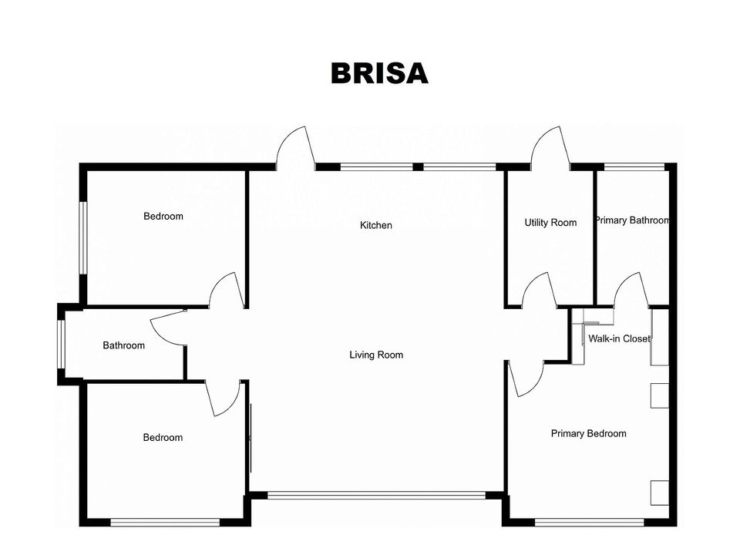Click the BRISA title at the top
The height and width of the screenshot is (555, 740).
[379, 74]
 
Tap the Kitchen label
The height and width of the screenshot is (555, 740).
[376, 225]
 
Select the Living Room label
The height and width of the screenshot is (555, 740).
[376, 355]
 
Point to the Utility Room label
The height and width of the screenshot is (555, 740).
[550, 223]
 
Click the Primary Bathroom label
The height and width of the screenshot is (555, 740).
[632, 220]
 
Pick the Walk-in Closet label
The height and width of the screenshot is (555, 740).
[619, 338]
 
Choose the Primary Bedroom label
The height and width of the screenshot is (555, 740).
[588, 434]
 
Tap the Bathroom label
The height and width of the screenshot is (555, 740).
[123, 345]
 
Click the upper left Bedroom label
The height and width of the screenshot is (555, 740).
[163, 216]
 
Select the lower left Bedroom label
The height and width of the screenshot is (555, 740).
[163, 438]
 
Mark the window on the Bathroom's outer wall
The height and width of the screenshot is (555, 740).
[61, 344]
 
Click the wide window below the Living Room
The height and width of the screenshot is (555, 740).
[377, 495]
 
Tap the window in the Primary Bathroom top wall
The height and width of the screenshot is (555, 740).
[634, 166]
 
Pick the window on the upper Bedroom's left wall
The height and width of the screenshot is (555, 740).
[83, 238]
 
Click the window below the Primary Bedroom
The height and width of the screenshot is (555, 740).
[590, 523]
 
